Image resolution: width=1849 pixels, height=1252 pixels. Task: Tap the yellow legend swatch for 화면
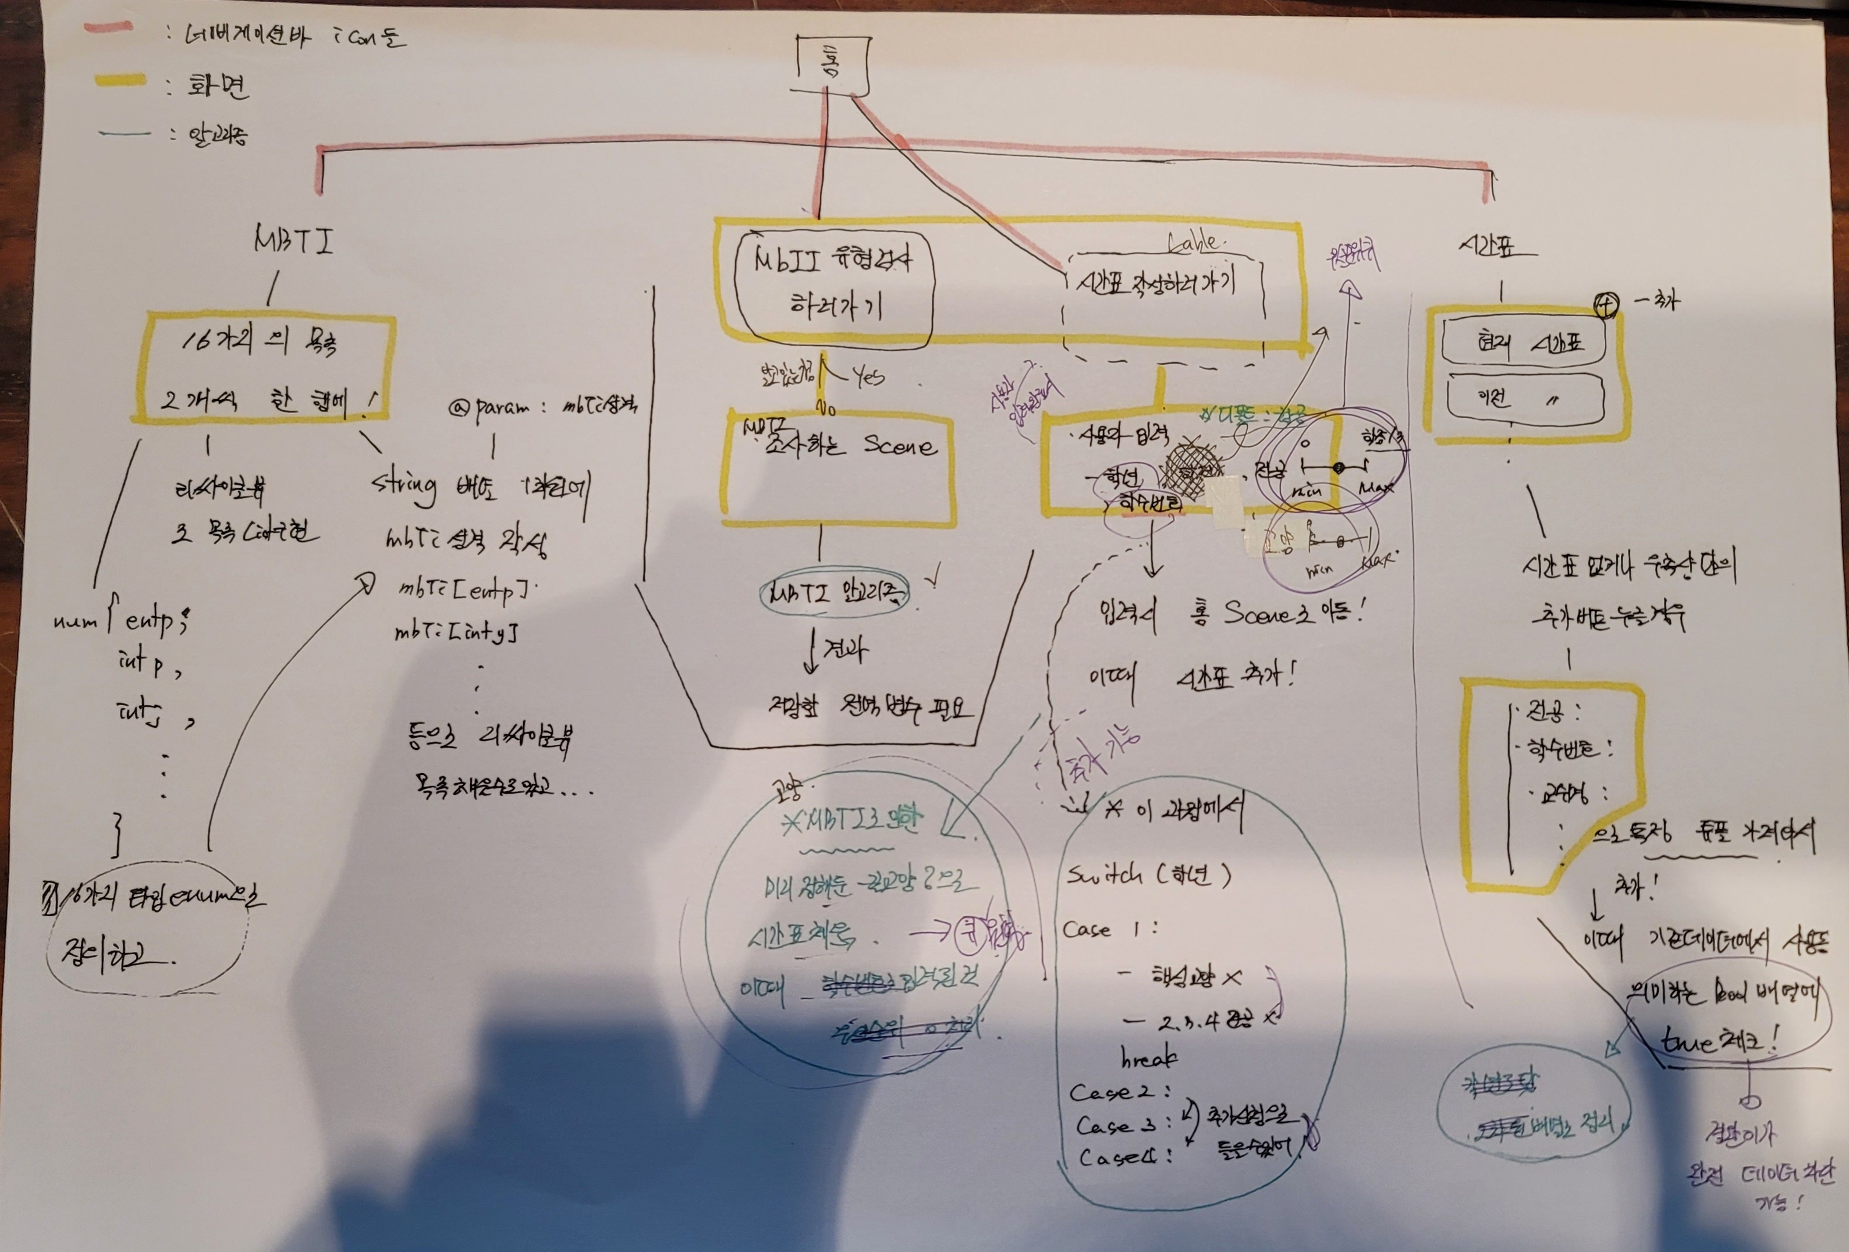pyautogui.click(x=119, y=80)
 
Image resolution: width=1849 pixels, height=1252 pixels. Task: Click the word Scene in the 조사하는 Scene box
pyautogui.click(x=900, y=446)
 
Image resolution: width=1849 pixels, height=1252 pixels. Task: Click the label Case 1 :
pyautogui.click(x=1109, y=929)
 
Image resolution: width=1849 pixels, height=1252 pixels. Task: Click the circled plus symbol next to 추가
pyautogui.click(x=1606, y=304)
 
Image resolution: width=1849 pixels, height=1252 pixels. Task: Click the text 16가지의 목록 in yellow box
pyautogui.click(x=260, y=343)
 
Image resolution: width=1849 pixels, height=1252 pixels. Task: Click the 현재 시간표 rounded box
pyautogui.click(x=1523, y=343)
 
